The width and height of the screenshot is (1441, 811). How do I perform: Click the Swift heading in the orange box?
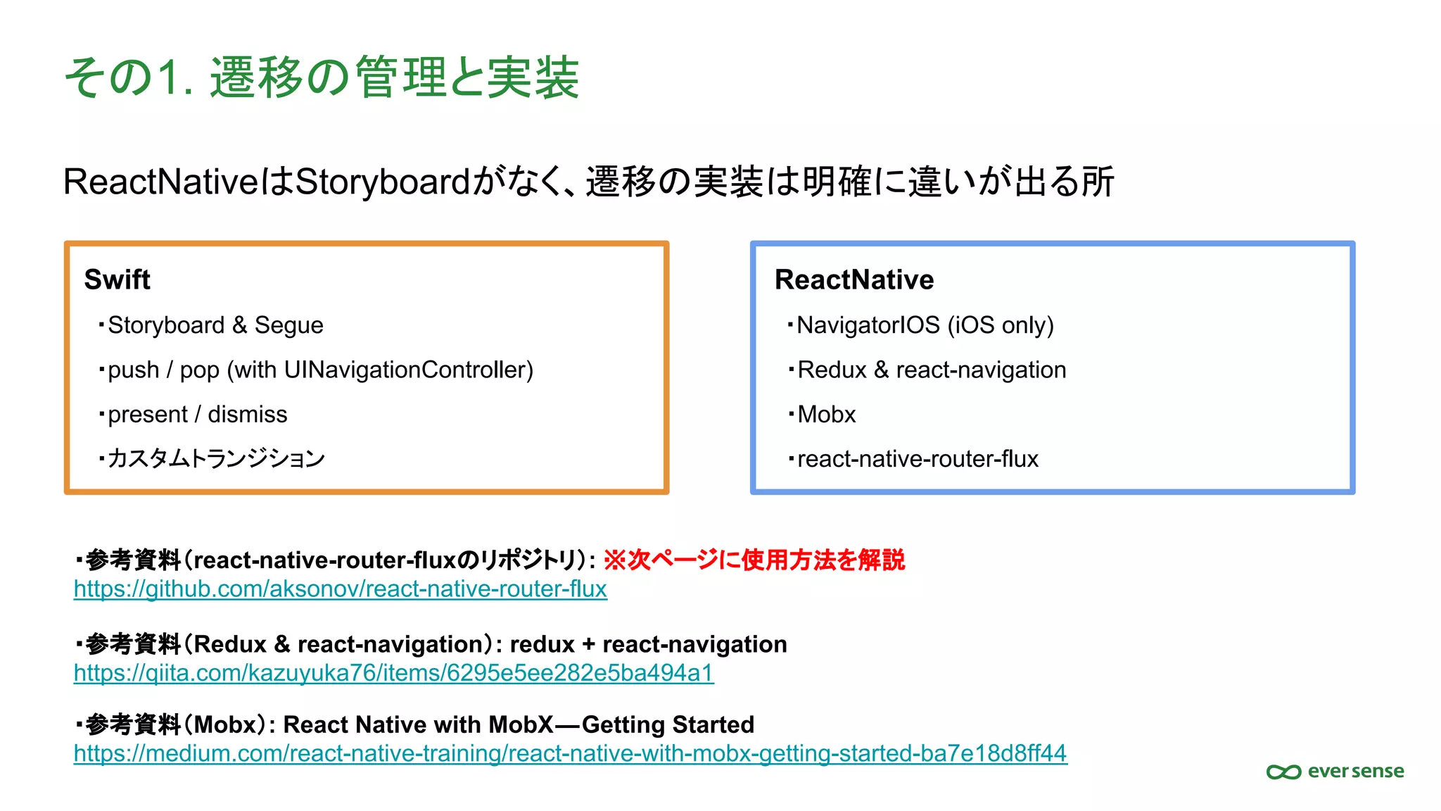tap(117, 279)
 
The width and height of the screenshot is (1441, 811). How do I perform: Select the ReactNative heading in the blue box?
tap(853, 279)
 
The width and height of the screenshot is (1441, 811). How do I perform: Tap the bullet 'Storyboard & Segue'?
tap(215, 325)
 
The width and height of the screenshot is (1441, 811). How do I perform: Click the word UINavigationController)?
tap(408, 370)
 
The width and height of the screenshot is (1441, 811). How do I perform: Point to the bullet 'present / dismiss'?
tap(197, 414)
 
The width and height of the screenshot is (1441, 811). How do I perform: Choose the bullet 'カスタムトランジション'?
tap(215, 458)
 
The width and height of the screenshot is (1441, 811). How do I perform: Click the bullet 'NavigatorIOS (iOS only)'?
tap(925, 325)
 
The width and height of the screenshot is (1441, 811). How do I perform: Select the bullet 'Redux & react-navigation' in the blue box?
tap(931, 370)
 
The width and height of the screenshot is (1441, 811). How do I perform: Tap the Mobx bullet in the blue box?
tap(826, 414)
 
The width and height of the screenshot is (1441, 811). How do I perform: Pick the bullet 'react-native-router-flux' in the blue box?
tap(917, 458)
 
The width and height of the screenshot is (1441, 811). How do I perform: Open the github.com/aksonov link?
tap(340, 589)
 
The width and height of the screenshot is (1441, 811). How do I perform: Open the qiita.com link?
tap(393, 673)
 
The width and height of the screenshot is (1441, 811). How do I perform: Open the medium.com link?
tap(570, 753)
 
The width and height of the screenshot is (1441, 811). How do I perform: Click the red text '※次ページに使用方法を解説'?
tap(754, 560)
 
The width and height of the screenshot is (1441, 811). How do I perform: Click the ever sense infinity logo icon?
tap(1283, 772)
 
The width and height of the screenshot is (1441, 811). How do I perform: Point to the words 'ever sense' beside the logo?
tap(1355, 771)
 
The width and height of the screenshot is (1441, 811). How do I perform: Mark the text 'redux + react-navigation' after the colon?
tap(648, 644)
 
